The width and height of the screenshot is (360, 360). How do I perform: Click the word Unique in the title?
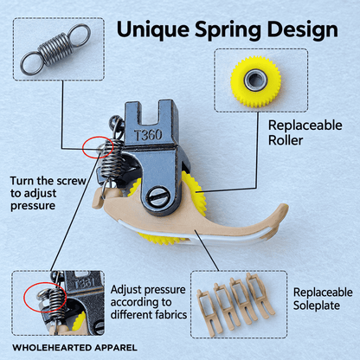[153, 29]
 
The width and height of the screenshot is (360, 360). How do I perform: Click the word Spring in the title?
[228, 30]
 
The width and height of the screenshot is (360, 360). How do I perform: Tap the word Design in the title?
[302, 30]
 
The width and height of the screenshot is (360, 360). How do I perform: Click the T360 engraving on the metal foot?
[149, 135]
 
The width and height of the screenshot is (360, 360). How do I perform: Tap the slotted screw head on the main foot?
[157, 198]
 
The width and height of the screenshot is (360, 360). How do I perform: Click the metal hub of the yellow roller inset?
[255, 80]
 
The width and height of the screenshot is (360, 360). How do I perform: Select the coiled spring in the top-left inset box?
[55, 49]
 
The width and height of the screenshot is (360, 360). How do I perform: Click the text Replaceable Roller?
[305, 132]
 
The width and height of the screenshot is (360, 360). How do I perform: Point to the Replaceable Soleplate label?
[323, 299]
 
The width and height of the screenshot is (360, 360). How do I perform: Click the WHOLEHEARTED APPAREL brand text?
[74, 348]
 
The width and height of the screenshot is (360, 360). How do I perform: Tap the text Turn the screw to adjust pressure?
[48, 193]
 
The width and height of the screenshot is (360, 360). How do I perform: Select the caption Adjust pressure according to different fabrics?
[148, 302]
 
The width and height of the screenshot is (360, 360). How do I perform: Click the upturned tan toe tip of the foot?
[283, 209]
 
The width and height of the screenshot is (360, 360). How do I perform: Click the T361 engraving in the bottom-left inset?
[84, 284]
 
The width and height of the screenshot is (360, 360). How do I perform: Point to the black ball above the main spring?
[115, 119]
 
